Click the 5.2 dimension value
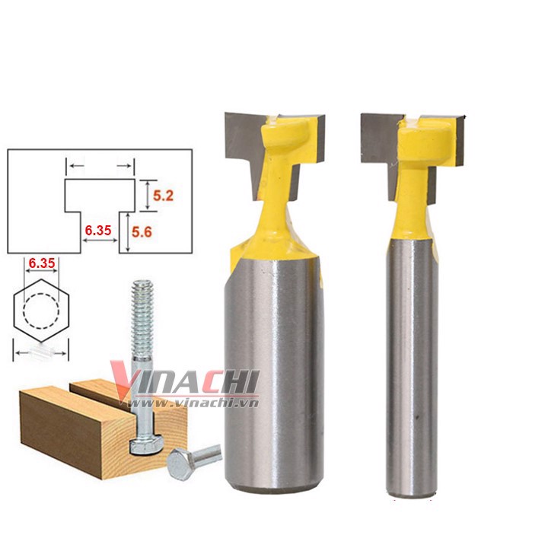[163, 196]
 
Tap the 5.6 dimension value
[142, 231]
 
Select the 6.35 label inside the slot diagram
[98, 231]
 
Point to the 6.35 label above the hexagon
[42, 263]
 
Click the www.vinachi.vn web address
[194, 403]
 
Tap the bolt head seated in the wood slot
[146, 444]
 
